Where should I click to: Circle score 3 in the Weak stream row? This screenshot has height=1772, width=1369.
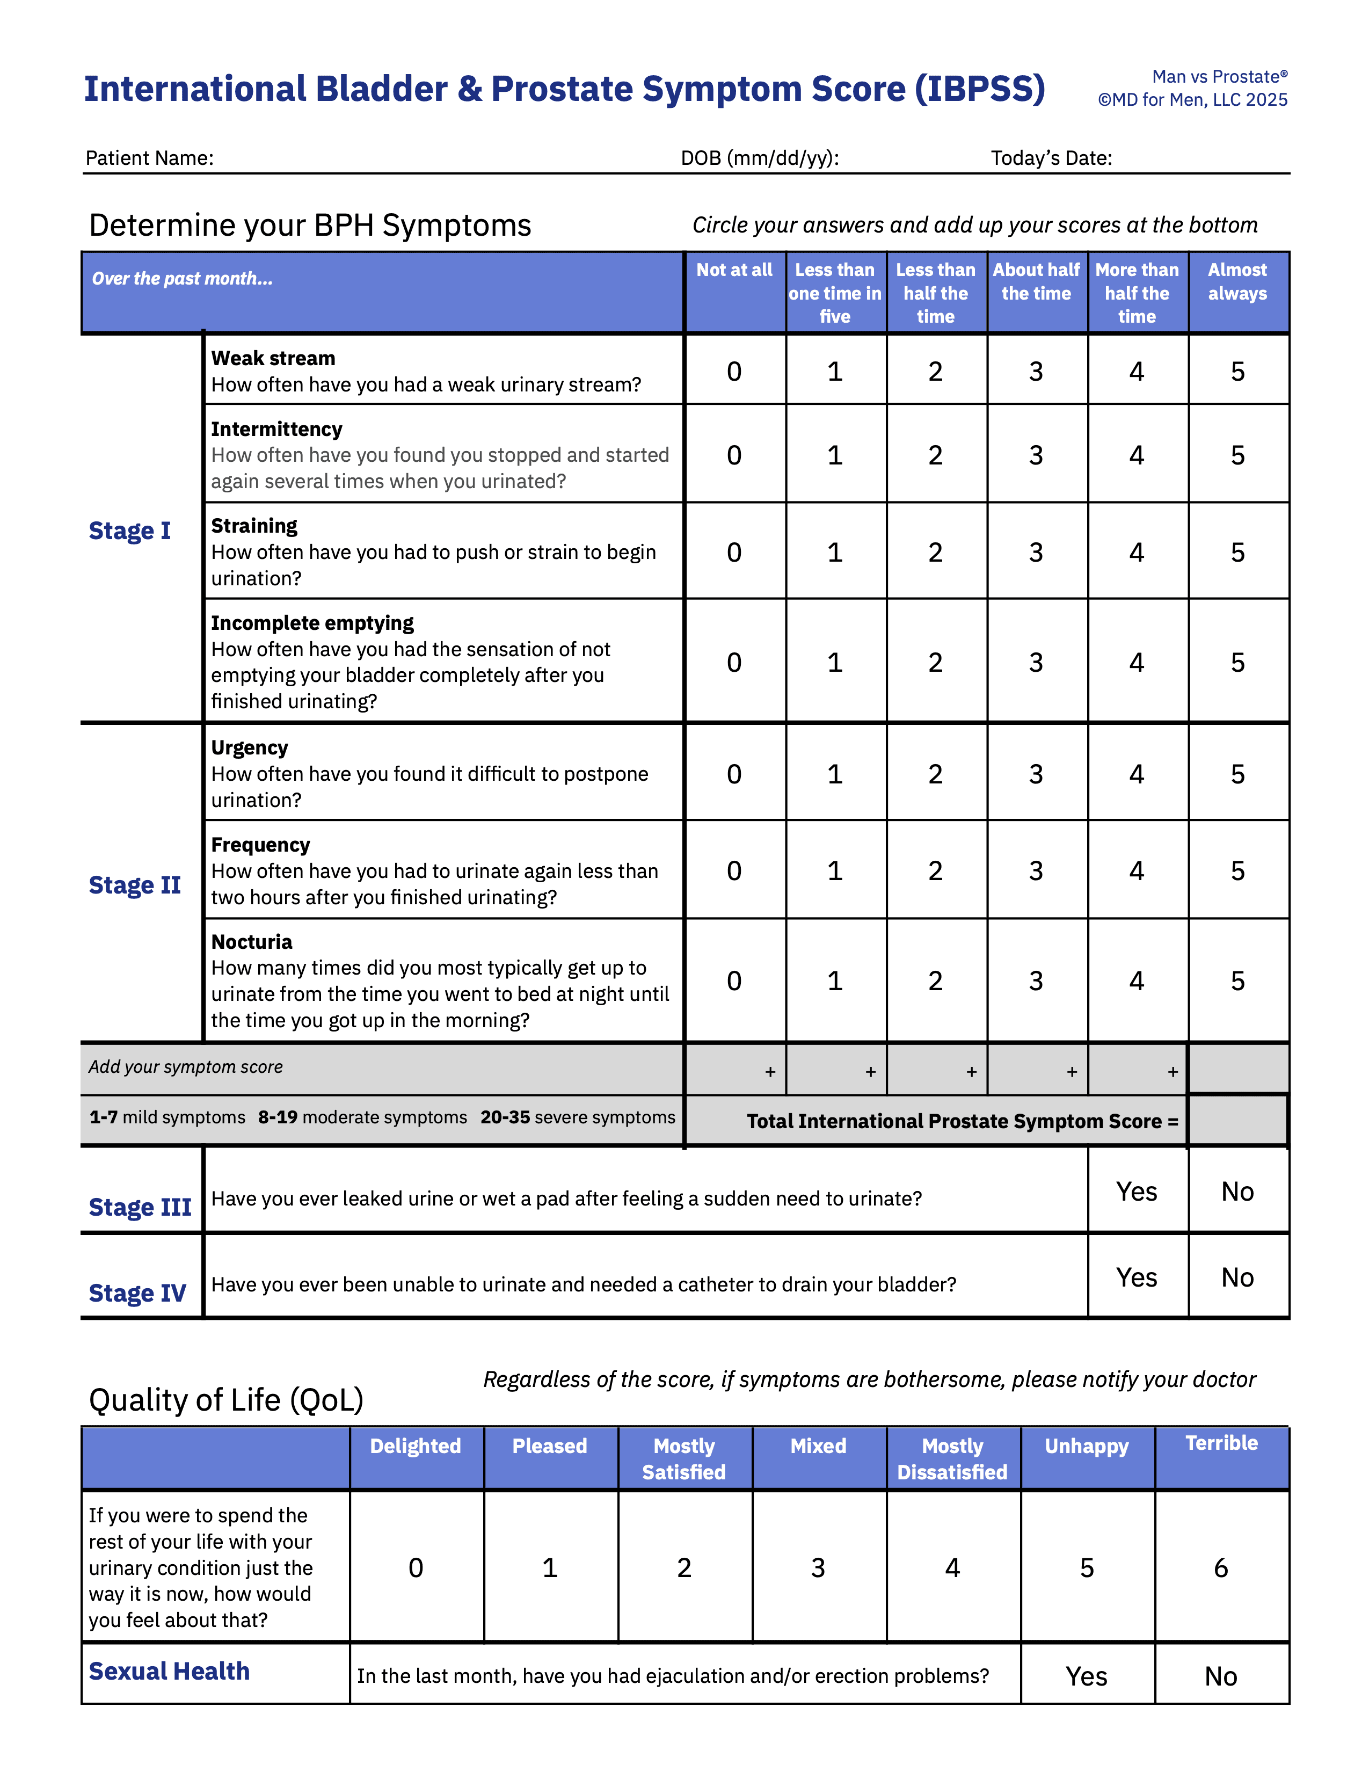click(1036, 372)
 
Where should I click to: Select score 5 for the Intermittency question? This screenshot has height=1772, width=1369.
click(1237, 455)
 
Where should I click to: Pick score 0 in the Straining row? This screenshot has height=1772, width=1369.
click(734, 553)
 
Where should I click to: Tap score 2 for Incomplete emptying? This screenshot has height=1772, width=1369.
click(935, 663)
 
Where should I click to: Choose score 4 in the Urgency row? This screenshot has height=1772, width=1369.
click(1136, 774)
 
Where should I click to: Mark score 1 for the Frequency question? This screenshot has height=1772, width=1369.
click(834, 870)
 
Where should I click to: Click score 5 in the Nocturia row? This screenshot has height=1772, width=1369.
click(1237, 981)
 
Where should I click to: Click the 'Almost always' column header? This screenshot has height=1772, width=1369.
click(1237, 281)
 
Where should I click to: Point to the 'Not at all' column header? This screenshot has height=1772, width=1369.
click(734, 270)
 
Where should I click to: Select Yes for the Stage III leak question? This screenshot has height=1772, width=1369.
click(1136, 1192)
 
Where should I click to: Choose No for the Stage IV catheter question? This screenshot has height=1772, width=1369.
click(1237, 1278)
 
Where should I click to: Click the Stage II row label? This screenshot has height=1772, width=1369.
click(135, 884)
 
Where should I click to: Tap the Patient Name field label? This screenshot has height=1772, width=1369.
click(149, 158)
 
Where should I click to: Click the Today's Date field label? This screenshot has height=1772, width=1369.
click(1051, 158)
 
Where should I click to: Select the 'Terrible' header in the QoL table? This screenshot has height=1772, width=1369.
click(1221, 1443)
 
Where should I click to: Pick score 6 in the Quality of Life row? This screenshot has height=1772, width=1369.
click(1221, 1567)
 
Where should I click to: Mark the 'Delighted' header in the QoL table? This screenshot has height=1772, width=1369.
click(415, 1446)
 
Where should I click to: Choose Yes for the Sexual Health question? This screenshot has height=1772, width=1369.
click(1086, 1676)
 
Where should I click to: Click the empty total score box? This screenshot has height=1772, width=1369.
click(1237, 1121)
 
